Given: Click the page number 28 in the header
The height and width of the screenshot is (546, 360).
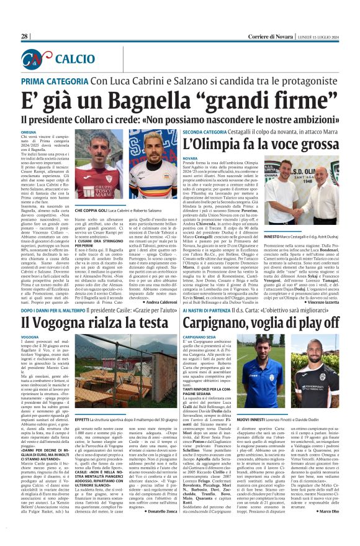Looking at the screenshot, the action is pos(25,36).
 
